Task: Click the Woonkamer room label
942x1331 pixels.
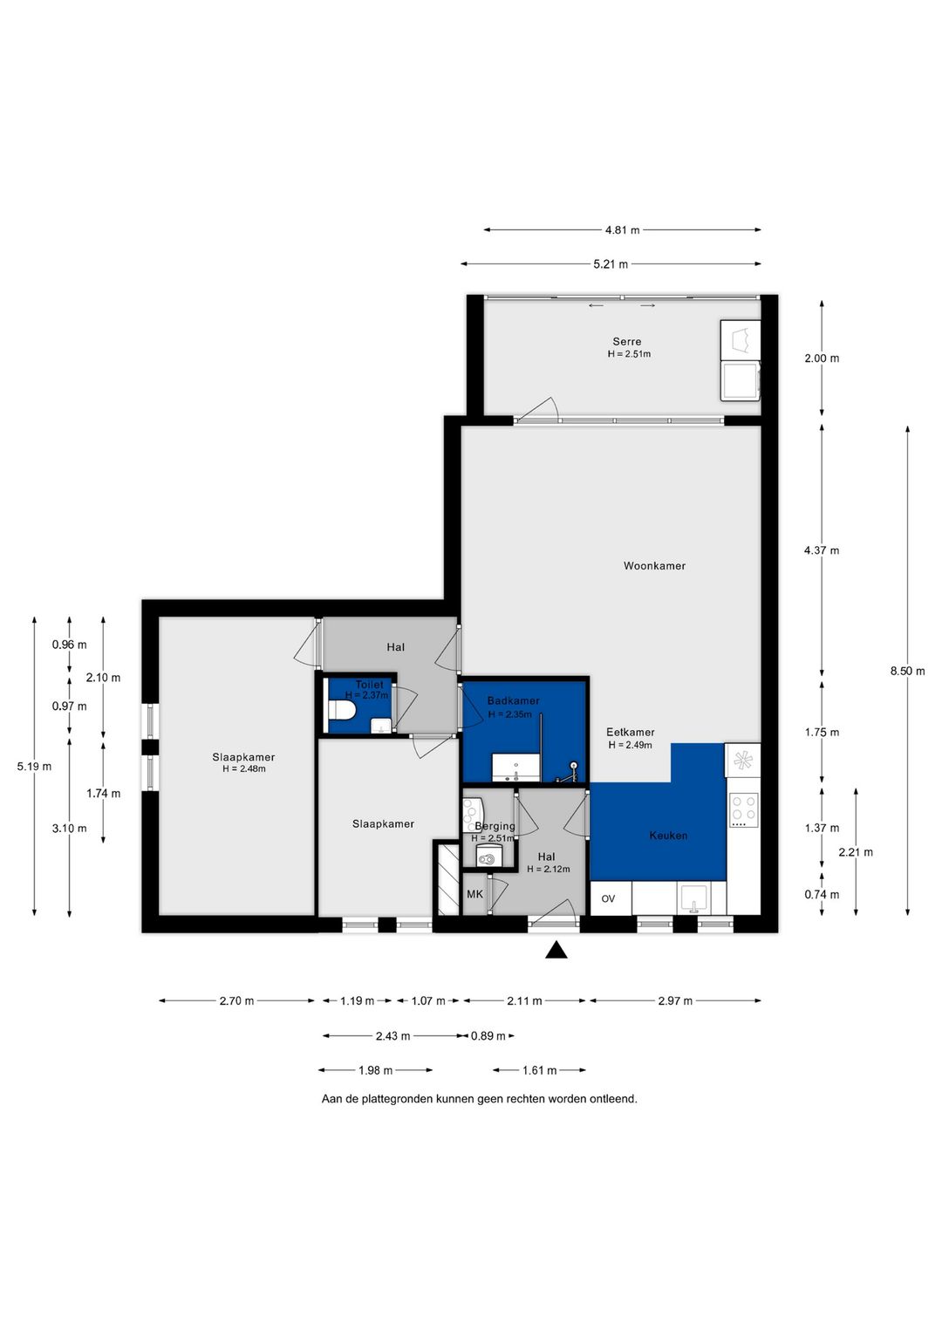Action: click(x=654, y=566)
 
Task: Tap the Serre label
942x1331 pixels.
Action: click(x=627, y=342)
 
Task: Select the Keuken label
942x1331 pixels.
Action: click(x=669, y=836)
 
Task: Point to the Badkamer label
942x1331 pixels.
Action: click(x=514, y=700)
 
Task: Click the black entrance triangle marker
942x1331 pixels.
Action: click(x=556, y=950)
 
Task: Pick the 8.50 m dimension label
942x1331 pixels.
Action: click(x=907, y=672)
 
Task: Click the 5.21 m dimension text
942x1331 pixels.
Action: click(x=611, y=264)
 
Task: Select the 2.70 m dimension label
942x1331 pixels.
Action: click(x=236, y=1001)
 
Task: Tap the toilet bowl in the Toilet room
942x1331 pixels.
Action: click(x=342, y=709)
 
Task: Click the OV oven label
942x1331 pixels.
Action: click(x=608, y=899)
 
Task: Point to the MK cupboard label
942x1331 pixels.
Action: click(x=474, y=894)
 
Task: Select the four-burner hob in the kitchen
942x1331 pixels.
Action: click(x=743, y=810)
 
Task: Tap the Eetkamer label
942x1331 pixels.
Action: click(x=631, y=733)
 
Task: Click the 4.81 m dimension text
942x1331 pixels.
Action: click(x=622, y=230)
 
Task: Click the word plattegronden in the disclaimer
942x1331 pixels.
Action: click(x=394, y=1099)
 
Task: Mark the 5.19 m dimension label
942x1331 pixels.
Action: click(x=35, y=767)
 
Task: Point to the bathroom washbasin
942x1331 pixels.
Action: click(x=515, y=767)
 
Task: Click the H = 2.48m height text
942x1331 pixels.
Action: click(x=243, y=769)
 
